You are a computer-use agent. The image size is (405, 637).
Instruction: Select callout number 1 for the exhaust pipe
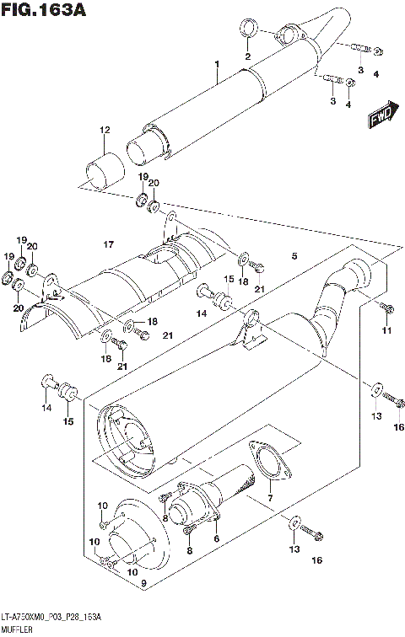click(x=217, y=65)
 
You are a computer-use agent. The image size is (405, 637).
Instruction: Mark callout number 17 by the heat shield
click(x=108, y=244)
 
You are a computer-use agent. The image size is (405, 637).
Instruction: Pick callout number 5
click(x=294, y=256)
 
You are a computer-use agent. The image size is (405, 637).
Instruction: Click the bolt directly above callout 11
click(x=385, y=307)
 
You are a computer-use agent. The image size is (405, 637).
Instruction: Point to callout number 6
click(x=216, y=539)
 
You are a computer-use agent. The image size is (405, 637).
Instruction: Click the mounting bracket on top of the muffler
click(x=251, y=330)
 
